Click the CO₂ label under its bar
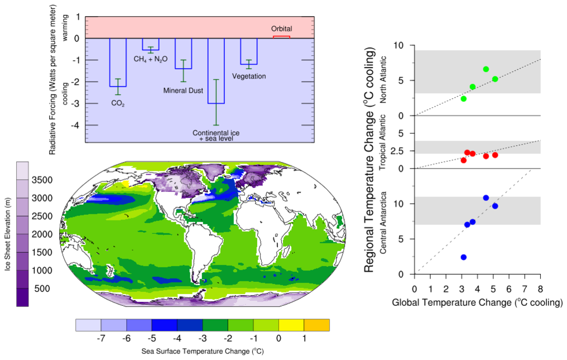click(x=117, y=103)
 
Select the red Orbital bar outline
click(x=281, y=37)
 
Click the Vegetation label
click(x=249, y=76)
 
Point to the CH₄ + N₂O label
click(x=151, y=59)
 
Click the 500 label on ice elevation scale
click(x=42, y=289)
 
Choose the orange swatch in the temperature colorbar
click(x=316, y=325)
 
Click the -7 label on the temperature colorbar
click(x=101, y=338)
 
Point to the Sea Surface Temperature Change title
click(x=202, y=352)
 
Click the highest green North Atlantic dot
click(x=486, y=69)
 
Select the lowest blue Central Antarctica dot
click(x=463, y=257)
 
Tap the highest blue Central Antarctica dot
click(x=486, y=198)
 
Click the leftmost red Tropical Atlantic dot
click(x=463, y=160)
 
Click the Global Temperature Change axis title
click(x=477, y=303)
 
